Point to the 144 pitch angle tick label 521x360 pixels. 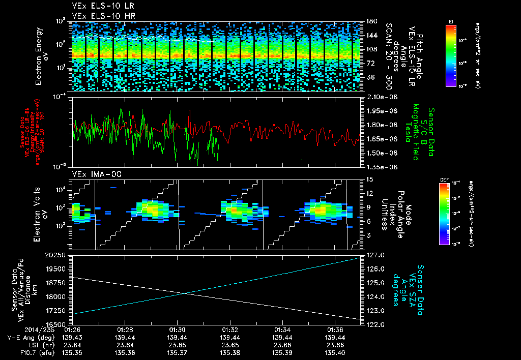tap(371, 36)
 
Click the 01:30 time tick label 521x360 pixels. tap(177, 330)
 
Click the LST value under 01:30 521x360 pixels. tap(177, 344)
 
